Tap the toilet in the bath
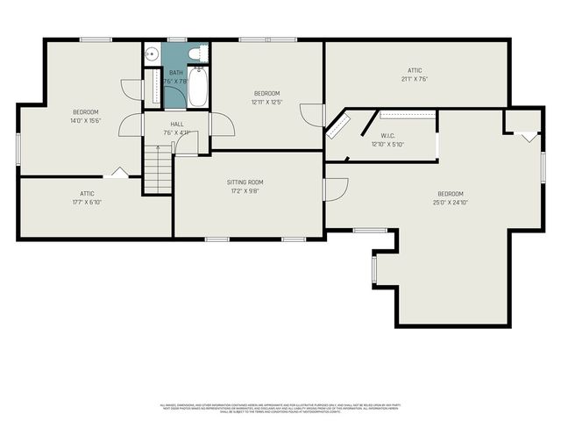tap(195, 53)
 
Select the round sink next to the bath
tap(150, 52)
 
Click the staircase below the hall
tap(158, 169)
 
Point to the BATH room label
tap(176, 73)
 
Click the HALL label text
tap(176, 125)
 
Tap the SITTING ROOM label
tap(245, 182)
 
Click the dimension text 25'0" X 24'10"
tap(451, 203)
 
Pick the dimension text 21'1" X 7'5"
tap(415, 79)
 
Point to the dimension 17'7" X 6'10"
tap(87, 202)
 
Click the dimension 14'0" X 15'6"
tap(85, 120)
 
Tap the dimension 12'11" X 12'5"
tap(266, 102)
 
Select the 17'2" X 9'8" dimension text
tap(245, 190)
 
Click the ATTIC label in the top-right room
tap(415, 70)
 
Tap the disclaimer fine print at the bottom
tap(280, 407)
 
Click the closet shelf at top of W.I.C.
tap(408, 114)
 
